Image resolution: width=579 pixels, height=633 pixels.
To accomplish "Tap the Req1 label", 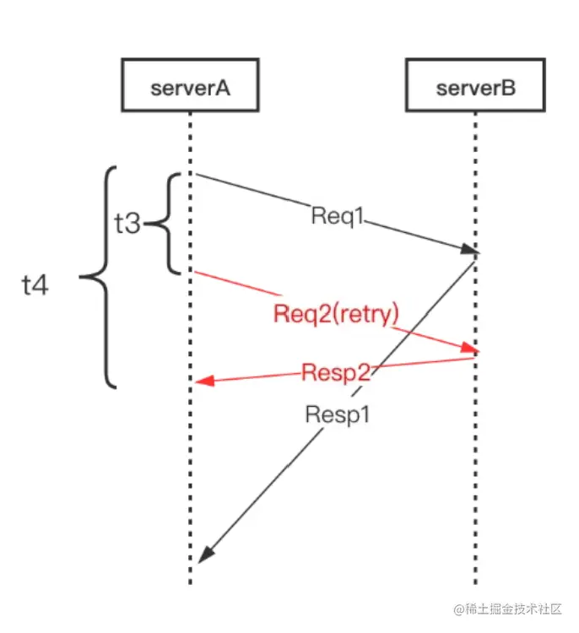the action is (338, 216).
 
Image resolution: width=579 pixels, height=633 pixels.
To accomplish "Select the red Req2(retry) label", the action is (336, 314).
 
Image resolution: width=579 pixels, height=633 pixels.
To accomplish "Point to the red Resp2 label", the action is (336, 372).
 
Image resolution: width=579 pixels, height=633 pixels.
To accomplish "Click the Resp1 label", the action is (338, 414).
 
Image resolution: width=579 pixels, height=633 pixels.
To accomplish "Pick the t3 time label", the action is (127, 224).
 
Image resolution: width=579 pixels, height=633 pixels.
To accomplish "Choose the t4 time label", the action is (35, 285).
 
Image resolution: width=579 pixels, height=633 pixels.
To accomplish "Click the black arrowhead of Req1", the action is (470, 250).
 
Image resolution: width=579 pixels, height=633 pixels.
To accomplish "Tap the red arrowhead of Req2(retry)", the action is (470, 348).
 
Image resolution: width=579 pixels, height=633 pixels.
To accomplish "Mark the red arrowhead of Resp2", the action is (204, 381).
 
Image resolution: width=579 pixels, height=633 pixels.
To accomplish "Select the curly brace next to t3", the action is (167, 224).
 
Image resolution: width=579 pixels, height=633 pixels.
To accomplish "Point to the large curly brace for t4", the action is (106, 277).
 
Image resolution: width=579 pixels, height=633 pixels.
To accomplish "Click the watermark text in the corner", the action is (507, 609).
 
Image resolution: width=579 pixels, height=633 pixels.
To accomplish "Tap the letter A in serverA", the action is (222, 88).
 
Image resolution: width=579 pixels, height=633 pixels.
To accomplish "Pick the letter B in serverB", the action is (508, 88).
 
